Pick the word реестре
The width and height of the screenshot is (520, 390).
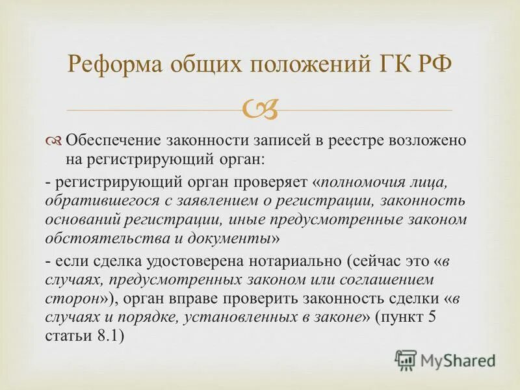click(344, 141)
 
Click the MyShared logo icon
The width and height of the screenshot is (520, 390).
click(407, 358)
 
